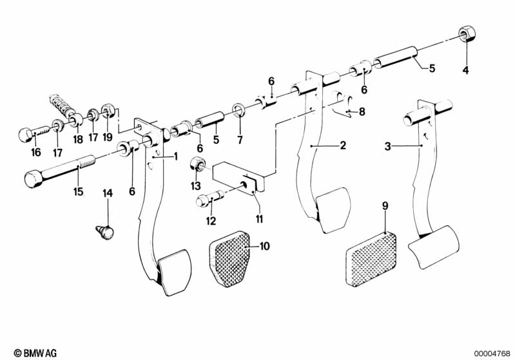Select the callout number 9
click(385, 206)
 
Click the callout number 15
click(78, 191)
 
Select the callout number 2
click(343, 146)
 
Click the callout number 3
click(387, 147)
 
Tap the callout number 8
click(362, 111)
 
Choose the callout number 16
click(35, 152)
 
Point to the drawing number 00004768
click(492, 353)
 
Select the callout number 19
click(107, 137)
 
